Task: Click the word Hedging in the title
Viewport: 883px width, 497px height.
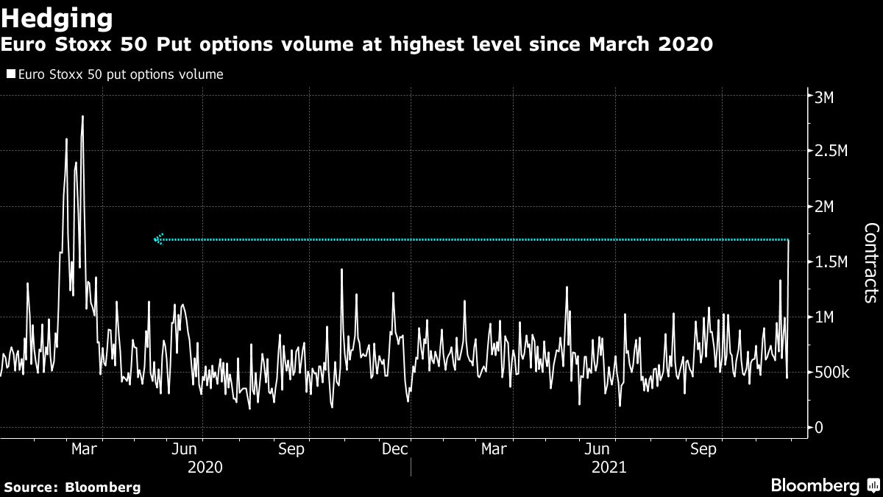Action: pos(57,17)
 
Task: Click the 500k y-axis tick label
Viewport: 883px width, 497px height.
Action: pos(832,372)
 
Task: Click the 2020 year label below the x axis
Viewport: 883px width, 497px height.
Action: pos(205,467)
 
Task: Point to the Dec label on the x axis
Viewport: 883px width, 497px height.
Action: pos(395,449)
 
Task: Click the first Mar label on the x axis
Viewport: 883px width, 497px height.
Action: pos(85,449)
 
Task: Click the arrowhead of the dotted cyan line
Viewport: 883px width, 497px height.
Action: pos(157,239)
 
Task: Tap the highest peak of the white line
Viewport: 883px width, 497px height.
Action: pos(82,116)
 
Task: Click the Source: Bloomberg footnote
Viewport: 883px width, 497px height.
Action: pos(72,487)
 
